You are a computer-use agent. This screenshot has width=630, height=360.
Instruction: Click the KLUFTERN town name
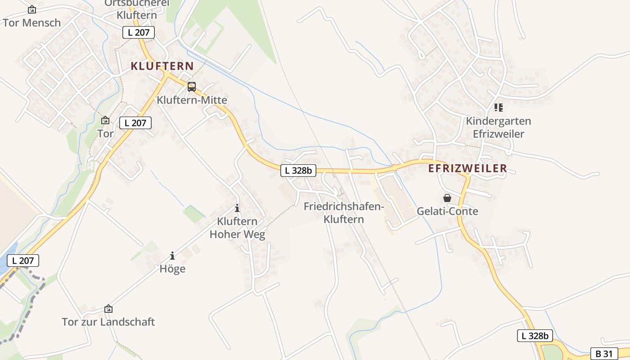[162, 66]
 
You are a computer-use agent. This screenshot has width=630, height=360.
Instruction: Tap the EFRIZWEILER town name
[468, 168]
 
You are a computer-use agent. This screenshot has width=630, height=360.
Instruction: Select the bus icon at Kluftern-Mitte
[192, 87]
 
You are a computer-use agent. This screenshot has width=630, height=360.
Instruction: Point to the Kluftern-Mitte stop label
[192, 100]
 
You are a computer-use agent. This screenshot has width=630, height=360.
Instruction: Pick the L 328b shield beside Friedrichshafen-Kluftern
[298, 171]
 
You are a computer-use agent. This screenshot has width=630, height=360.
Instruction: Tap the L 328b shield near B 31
[535, 336]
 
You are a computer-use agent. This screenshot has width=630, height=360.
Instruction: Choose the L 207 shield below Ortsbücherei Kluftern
[139, 32]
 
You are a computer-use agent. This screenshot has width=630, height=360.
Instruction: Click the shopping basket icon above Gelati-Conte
[447, 198]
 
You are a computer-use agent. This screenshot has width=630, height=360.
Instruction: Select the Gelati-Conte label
[447, 211]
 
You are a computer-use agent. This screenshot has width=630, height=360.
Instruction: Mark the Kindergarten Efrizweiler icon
[498, 108]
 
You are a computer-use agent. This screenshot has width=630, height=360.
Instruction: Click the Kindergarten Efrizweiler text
[498, 127]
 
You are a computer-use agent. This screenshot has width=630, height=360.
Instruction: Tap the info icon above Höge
[172, 256]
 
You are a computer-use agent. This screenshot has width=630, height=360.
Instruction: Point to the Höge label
[172, 269]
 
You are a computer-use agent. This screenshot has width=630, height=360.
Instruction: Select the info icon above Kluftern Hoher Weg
[237, 208]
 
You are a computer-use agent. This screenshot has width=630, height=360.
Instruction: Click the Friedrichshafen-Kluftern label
[343, 213]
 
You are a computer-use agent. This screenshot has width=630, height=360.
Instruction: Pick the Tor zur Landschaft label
[108, 322]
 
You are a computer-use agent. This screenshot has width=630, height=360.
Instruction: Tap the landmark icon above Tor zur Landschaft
[108, 309]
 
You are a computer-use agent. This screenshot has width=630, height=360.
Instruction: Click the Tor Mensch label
[31, 22]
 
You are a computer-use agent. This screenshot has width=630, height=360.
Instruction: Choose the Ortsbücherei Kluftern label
[137, 9]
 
